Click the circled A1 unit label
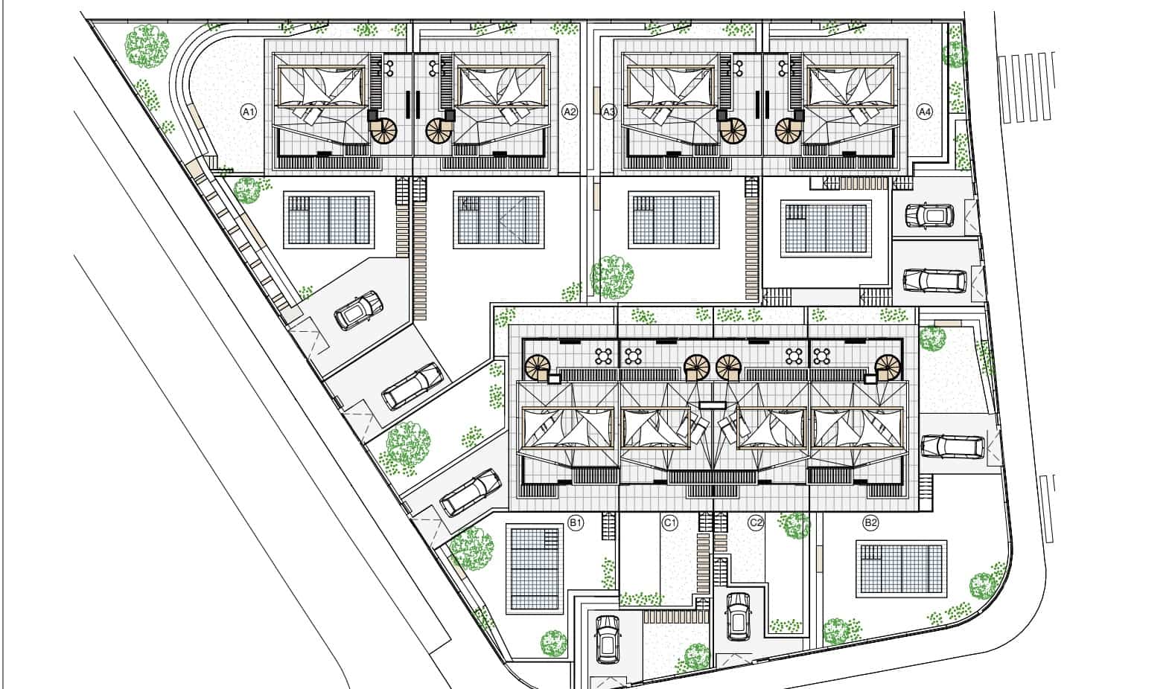click(x=249, y=112)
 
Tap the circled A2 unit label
click(x=570, y=112)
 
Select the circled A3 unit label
click(x=609, y=112)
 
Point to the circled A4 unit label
click(x=924, y=112)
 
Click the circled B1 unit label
click(x=576, y=522)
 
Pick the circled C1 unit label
click(x=669, y=522)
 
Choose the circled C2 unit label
click(x=756, y=522)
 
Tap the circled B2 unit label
click(x=870, y=522)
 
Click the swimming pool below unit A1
click(x=329, y=220)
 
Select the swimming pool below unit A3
click(x=674, y=220)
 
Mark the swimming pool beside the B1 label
click(x=535, y=569)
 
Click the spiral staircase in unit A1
click(x=383, y=130)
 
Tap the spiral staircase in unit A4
click(x=789, y=130)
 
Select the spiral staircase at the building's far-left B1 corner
click(x=538, y=368)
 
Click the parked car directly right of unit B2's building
click(x=953, y=447)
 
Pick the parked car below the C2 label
click(x=738, y=616)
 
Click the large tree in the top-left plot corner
click(x=147, y=46)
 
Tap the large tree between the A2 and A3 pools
click(x=612, y=278)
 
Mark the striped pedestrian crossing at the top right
click(x=1027, y=88)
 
